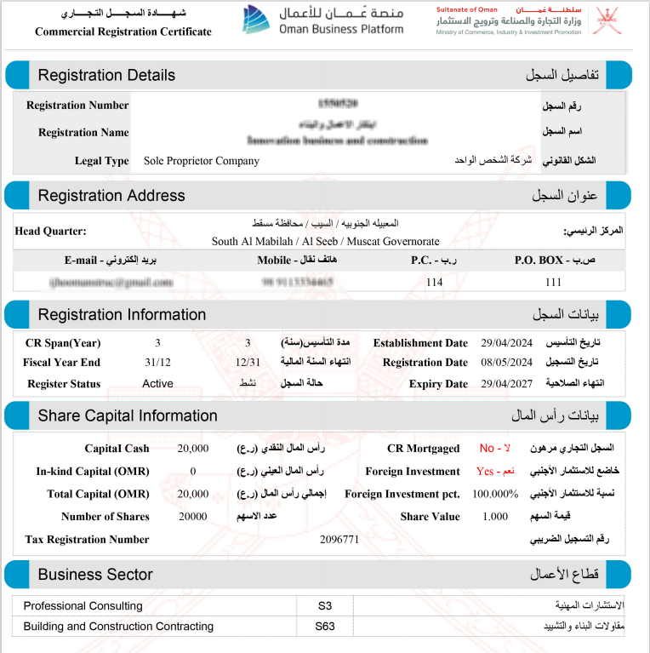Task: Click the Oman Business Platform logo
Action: (x=323, y=20)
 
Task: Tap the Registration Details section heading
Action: (x=106, y=75)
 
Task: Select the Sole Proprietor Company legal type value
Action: (x=202, y=160)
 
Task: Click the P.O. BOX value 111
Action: (x=553, y=282)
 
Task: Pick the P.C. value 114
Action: (x=435, y=282)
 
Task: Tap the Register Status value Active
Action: (x=157, y=384)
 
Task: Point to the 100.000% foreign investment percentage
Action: (x=496, y=494)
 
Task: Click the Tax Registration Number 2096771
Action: (x=339, y=540)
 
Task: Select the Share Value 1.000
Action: (x=495, y=517)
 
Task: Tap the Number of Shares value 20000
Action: (x=192, y=517)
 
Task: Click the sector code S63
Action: (x=324, y=627)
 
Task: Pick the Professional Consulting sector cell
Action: (x=83, y=606)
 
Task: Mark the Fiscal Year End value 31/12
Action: (x=157, y=363)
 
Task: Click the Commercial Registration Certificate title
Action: (x=123, y=32)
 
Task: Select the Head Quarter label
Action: (x=51, y=232)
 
